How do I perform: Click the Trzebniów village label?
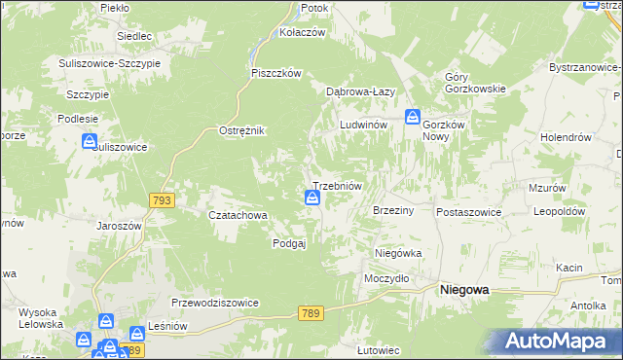(x=337, y=185)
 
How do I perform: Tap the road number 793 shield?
(x=163, y=199)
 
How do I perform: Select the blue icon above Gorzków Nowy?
(x=413, y=116)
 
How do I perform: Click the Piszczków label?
(x=277, y=73)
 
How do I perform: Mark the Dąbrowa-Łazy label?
(x=359, y=91)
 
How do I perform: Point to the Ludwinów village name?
(x=364, y=126)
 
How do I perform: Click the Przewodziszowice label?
(x=215, y=303)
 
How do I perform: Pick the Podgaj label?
(x=289, y=244)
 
